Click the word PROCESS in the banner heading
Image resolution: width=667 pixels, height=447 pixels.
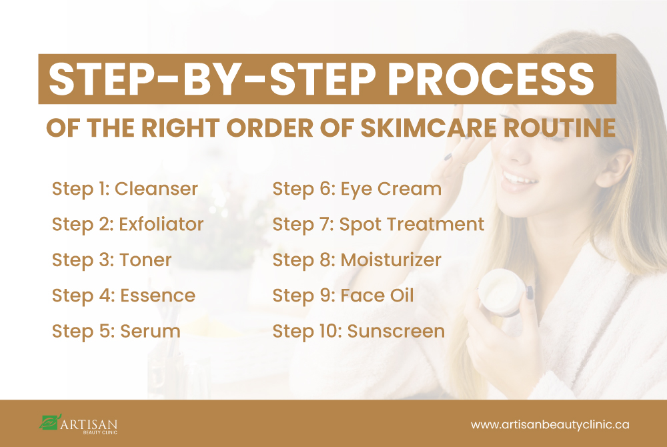[490, 79]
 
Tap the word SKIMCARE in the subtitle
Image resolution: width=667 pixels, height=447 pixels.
[428, 127]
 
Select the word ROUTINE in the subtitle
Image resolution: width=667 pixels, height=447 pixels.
[560, 127]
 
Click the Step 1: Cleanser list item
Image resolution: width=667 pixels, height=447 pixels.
[125, 189]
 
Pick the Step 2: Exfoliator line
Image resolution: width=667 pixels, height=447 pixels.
[127, 225]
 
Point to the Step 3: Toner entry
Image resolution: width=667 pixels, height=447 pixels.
[111, 260]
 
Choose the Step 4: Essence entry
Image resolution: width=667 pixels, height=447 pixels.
[123, 296]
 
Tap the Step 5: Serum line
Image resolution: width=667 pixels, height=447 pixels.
[116, 332]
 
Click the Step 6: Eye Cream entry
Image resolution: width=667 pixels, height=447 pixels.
[357, 189]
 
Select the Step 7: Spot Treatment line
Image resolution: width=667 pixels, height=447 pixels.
[378, 225]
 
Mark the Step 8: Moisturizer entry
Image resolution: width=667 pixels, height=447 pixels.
[357, 260]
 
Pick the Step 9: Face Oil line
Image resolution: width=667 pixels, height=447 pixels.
[343, 296]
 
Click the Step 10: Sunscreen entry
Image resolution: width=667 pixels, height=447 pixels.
[359, 332]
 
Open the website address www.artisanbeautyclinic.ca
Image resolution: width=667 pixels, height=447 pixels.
[550, 424]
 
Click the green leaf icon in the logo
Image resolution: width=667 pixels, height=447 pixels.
[50, 422]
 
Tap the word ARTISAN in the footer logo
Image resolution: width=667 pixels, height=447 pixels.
[89, 424]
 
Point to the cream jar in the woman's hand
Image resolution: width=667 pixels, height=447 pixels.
[503, 293]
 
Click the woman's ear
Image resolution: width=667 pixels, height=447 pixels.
[614, 168]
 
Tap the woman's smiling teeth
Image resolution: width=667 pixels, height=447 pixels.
[518, 177]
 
